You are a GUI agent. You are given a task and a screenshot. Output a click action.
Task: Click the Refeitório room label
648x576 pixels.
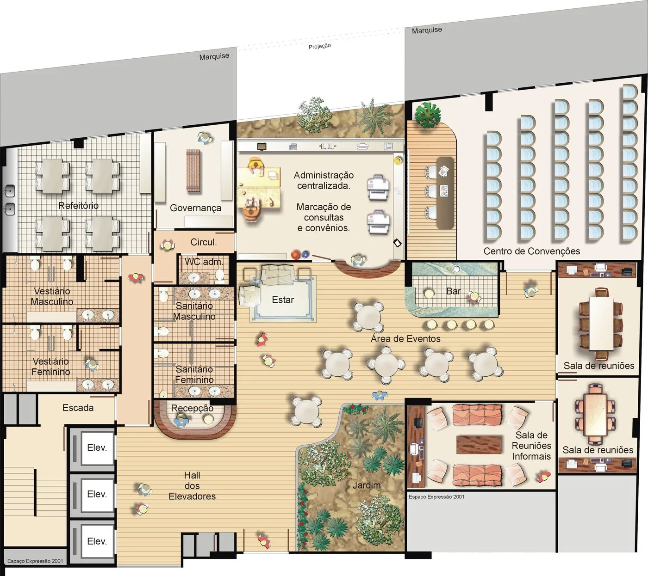pyautogui.click(x=78, y=205)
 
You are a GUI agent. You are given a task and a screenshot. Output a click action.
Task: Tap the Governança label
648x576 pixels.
pyautogui.click(x=195, y=208)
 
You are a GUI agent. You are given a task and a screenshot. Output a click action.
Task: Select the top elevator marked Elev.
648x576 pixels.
pyautogui.click(x=97, y=447)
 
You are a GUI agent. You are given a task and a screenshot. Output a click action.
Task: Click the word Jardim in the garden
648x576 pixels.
pyautogui.click(x=367, y=485)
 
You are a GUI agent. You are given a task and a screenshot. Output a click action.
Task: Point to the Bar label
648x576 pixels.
pyautogui.click(x=454, y=291)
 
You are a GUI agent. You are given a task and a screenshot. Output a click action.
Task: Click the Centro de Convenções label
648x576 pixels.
pyautogui.click(x=531, y=251)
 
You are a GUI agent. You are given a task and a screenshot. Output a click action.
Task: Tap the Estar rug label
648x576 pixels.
pyautogui.click(x=283, y=300)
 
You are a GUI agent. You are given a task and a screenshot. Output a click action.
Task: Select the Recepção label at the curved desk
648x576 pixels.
pyautogui.click(x=192, y=408)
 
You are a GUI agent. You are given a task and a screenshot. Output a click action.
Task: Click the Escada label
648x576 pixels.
pyautogui.click(x=78, y=408)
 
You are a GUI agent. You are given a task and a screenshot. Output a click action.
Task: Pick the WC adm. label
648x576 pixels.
pyautogui.click(x=204, y=262)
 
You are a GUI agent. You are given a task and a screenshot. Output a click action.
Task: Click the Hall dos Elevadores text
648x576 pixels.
pyautogui.click(x=192, y=485)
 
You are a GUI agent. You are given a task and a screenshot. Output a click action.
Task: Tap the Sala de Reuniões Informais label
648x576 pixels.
pyautogui.click(x=531, y=446)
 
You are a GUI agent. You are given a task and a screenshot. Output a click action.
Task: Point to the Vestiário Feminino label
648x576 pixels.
pyautogui.click(x=51, y=367)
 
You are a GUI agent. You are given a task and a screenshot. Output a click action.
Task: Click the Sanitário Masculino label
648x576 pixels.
pyautogui.click(x=194, y=311)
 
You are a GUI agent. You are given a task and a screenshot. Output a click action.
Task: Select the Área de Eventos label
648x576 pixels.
pyautogui.click(x=405, y=339)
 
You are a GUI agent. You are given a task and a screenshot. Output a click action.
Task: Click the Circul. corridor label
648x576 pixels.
pyautogui.click(x=204, y=242)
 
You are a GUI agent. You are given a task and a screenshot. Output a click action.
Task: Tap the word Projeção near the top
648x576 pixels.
pyautogui.click(x=320, y=46)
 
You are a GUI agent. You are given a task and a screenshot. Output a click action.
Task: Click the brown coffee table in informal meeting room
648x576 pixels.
pyautogui.click(x=479, y=444)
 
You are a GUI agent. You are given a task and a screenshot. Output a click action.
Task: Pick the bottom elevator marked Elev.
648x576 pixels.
pyautogui.click(x=97, y=541)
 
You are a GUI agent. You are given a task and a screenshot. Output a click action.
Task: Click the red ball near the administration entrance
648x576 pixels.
pyautogui.click(x=295, y=255)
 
